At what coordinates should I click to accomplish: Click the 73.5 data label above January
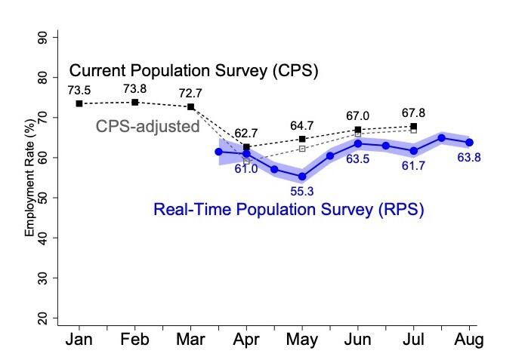coord(79,90)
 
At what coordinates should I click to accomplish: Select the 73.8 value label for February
coord(134,88)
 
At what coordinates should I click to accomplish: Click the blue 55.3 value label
coord(302,192)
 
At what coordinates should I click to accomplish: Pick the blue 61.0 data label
coord(245,169)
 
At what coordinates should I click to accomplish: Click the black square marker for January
coord(79,103)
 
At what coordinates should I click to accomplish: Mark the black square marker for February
coord(134,102)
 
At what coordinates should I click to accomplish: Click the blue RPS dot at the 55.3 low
coord(302,177)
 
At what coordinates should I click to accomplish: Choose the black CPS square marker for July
coord(413,126)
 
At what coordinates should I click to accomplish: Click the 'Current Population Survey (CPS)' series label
coord(193,72)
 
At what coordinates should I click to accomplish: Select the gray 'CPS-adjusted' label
coord(147,126)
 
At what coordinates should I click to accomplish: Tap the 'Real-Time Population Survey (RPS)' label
coord(289,210)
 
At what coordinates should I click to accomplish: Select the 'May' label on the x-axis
coord(302,340)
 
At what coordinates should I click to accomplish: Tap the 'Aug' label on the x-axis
coord(469,340)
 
